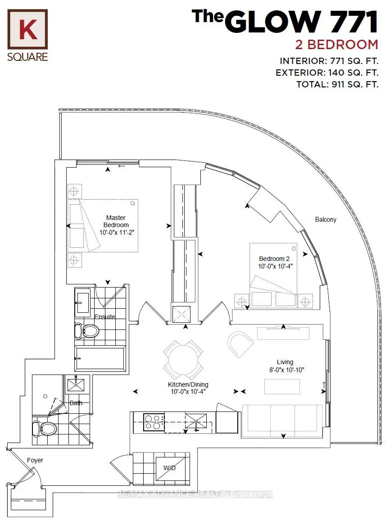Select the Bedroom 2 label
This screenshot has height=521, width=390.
(274, 262)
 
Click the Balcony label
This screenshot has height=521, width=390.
(325, 219)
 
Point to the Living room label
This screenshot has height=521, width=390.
(285, 366)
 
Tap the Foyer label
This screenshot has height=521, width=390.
(35, 460)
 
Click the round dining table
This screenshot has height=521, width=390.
(183, 359)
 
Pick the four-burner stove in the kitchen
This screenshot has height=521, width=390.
(153, 422)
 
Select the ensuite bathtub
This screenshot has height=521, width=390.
(100, 359)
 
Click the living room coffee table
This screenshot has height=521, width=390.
(282, 387)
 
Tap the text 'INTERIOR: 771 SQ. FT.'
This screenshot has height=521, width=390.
(329, 61)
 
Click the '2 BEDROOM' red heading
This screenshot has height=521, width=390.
(336, 45)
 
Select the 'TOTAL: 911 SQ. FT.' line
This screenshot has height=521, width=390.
(337, 84)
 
